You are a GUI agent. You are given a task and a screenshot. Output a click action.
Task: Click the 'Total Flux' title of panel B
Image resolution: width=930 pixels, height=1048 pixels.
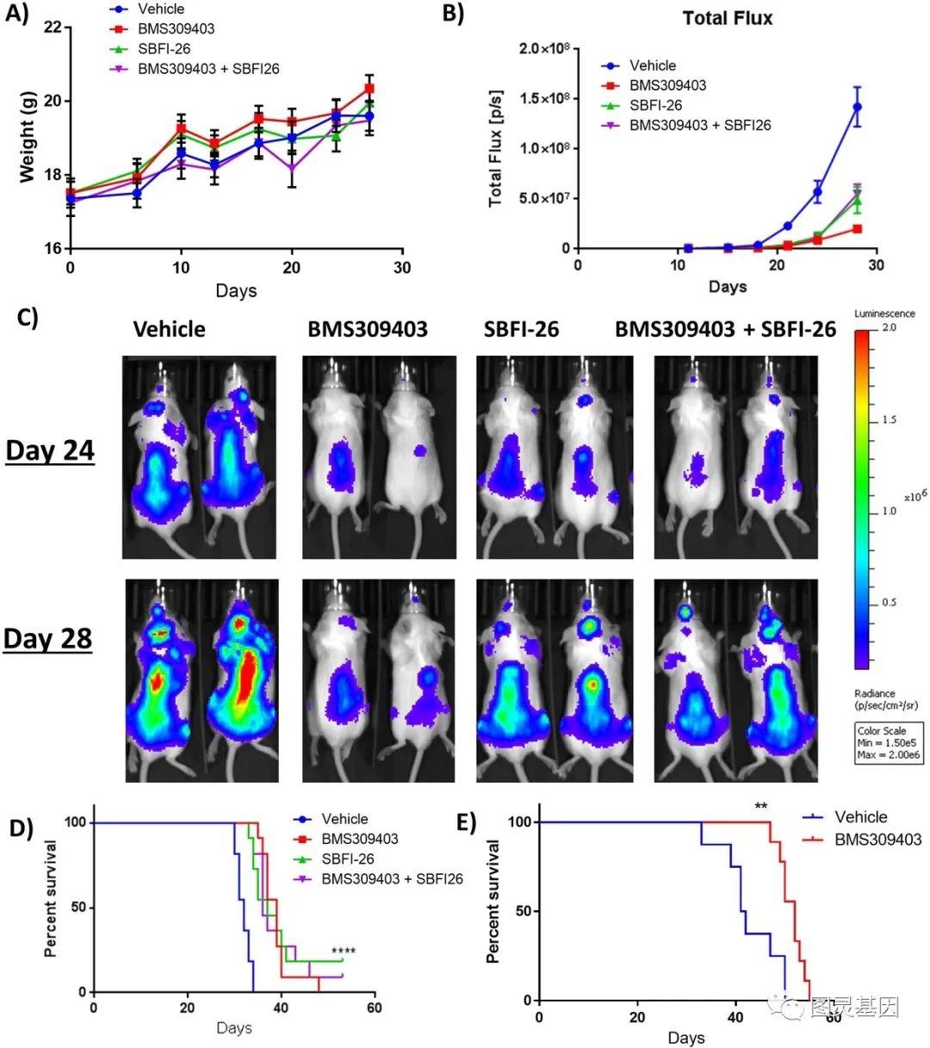click(728, 18)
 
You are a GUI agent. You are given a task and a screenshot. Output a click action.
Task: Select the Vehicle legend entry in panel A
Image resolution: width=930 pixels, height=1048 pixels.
click(161, 9)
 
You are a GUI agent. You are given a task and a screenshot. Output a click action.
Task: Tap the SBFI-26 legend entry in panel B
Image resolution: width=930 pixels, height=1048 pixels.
click(655, 105)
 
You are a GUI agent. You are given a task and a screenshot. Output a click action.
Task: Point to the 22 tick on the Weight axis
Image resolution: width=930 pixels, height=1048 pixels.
click(53, 28)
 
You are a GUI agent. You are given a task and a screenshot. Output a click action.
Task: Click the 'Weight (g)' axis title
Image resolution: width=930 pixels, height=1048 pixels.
click(27, 138)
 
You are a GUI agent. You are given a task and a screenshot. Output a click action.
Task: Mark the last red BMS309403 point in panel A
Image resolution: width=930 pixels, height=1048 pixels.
click(369, 89)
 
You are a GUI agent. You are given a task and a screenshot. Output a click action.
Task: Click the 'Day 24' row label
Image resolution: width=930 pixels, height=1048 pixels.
click(50, 450)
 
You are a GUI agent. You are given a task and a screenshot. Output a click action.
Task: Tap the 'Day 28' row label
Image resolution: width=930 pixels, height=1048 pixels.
click(48, 638)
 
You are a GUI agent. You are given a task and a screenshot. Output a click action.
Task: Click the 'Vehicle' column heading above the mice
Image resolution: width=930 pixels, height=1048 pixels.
click(169, 329)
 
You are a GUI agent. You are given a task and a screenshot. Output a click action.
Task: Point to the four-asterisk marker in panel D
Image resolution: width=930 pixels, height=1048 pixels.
click(343, 952)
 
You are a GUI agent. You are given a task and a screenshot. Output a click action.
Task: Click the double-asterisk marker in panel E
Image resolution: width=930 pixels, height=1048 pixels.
click(760, 807)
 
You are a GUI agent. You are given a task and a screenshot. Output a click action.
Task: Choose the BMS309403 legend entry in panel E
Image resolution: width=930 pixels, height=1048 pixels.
click(877, 839)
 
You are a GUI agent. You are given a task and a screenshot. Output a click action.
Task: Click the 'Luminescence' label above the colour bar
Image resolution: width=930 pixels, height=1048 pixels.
click(884, 313)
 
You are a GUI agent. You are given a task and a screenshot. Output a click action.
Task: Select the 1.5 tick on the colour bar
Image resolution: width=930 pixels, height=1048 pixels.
click(889, 419)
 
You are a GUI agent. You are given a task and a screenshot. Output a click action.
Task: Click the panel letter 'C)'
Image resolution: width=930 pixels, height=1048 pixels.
click(27, 316)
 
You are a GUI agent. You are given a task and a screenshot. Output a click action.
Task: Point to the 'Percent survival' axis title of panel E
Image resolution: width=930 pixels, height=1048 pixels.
click(493, 902)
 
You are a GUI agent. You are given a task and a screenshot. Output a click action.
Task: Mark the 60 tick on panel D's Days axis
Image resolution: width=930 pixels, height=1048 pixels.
click(374, 1008)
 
